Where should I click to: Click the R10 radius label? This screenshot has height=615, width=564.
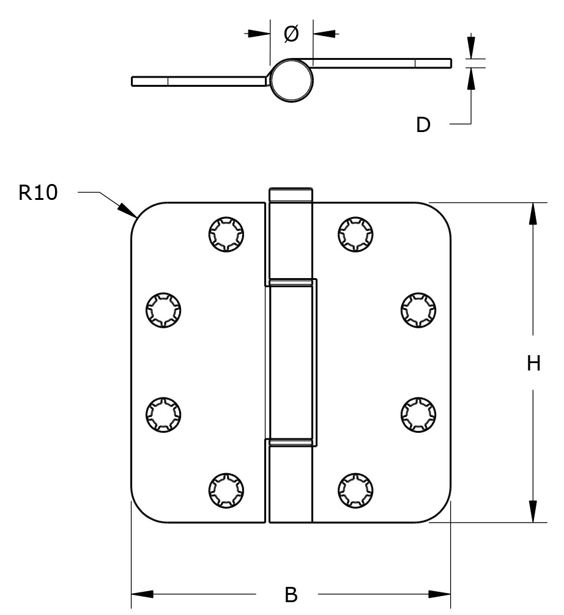[x=38, y=193]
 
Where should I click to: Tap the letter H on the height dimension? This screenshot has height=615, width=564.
[x=533, y=364]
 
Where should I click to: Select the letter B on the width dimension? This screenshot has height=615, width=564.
[x=291, y=594]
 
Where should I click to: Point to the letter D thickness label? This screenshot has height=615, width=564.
[x=423, y=125]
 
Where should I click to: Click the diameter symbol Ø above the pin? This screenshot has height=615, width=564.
[x=292, y=34]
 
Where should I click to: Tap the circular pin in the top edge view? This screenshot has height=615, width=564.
[x=292, y=80]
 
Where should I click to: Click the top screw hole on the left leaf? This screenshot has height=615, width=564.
[x=226, y=234]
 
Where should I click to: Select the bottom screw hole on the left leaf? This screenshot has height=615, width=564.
[x=226, y=489]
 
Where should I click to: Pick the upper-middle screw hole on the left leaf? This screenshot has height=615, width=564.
[x=163, y=310]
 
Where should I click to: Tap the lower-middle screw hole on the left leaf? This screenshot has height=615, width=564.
[x=163, y=414]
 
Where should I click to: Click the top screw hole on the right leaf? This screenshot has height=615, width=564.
[x=355, y=234]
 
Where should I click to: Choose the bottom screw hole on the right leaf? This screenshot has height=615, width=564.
[x=355, y=489]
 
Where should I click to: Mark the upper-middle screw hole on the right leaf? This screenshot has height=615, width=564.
[x=418, y=310]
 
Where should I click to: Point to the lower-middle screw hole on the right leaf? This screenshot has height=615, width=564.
[x=418, y=414]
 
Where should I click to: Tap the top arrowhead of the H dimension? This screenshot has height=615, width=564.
[x=533, y=213]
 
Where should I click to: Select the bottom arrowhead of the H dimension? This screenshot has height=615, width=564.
[x=533, y=512]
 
